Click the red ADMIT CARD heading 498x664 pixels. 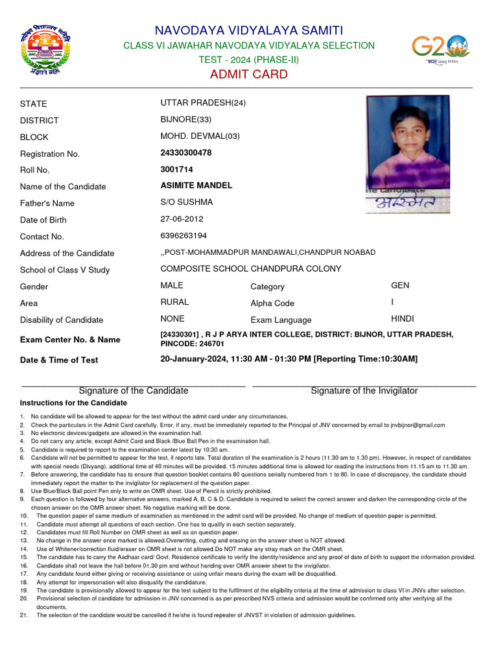click(x=248, y=75)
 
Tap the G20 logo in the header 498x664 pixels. click(x=441, y=49)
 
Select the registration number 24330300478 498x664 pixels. click(x=186, y=153)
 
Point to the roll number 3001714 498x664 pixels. click(x=176, y=170)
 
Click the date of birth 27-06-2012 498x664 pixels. click(x=182, y=219)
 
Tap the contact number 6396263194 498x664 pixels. click(x=184, y=235)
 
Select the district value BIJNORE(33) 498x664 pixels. click(x=185, y=119)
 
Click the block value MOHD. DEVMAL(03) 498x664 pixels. click(x=200, y=136)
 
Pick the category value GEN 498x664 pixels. click(x=400, y=285)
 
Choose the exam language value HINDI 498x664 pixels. click(x=402, y=319)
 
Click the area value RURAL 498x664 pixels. click(x=174, y=302)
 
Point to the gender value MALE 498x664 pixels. click(x=172, y=285)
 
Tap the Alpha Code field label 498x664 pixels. click(x=272, y=303)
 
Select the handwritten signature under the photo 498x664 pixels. click(x=407, y=206)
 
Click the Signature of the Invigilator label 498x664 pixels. click(x=364, y=391)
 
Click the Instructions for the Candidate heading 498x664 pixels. click(x=73, y=403)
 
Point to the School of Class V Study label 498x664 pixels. click(x=65, y=270)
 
